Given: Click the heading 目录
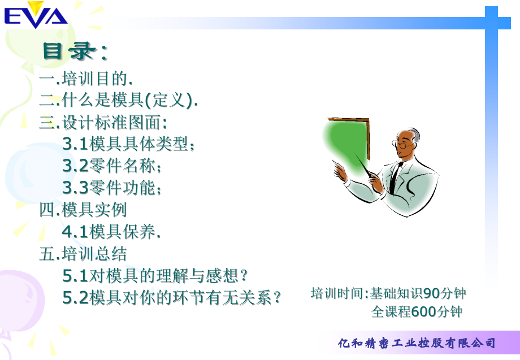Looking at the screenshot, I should tap(74, 51).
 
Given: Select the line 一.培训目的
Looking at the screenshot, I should tap(86, 79).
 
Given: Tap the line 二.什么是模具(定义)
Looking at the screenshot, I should tap(119, 101).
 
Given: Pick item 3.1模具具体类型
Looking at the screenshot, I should tap(128, 144).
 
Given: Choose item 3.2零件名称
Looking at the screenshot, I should tap(112, 166).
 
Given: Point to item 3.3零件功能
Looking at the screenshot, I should tap(112, 188).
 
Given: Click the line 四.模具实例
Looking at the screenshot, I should tap(83, 210).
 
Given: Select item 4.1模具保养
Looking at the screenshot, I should tap(111, 231).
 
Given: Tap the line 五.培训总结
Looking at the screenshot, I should tap(83, 253).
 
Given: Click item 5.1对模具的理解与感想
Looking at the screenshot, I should tap(155, 275).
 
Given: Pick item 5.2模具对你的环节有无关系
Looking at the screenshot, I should tap(171, 297).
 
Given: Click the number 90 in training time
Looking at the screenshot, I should tap(431, 293).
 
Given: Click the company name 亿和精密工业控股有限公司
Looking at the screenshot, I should tap(417, 343).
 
